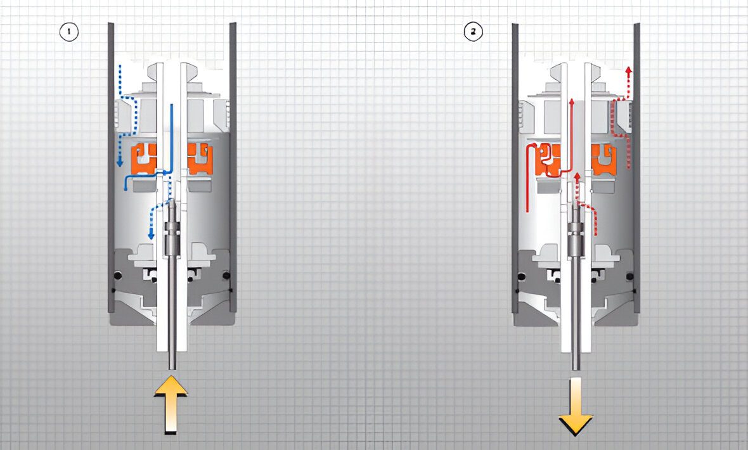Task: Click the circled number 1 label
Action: point(68,32)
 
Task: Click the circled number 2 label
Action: point(473,32)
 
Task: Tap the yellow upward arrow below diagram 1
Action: point(171,404)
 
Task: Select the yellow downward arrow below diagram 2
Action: point(576,406)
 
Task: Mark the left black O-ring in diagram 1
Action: point(117,275)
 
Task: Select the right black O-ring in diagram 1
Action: point(226,275)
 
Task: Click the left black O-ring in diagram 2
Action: point(522,276)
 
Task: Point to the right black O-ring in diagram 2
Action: point(631,276)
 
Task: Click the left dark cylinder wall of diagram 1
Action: point(111,167)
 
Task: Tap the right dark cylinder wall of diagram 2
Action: point(637,167)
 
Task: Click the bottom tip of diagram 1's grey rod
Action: point(172,370)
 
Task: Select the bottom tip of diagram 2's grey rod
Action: point(576,370)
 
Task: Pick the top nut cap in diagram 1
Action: point(172,71)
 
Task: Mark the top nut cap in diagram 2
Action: point(576,71)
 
